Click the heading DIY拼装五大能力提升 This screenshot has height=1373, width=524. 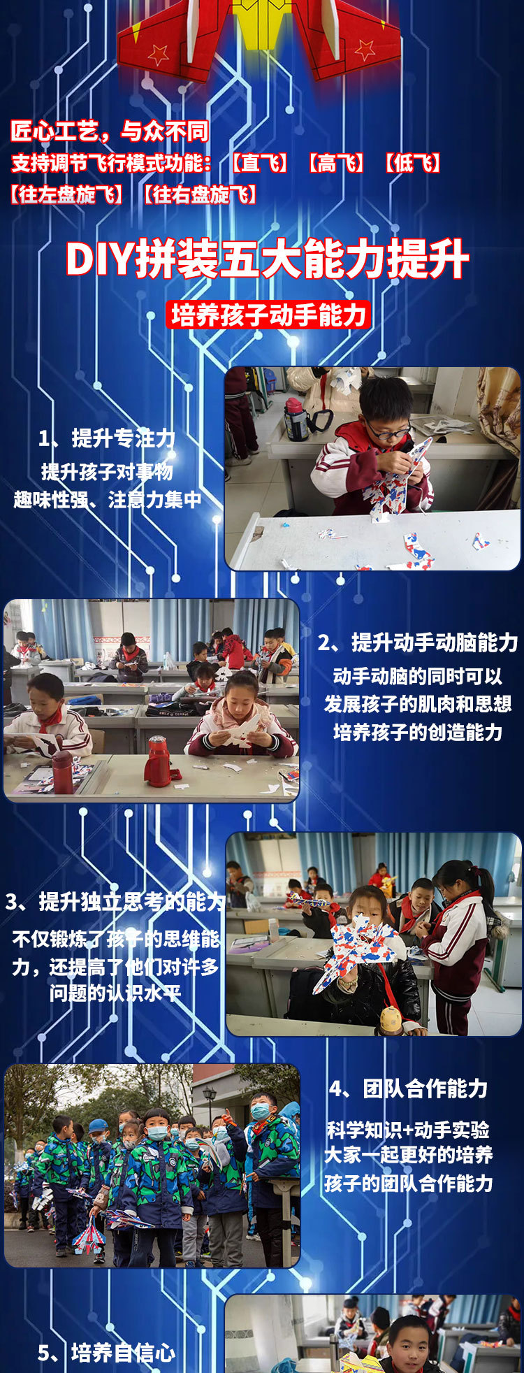point(267,259)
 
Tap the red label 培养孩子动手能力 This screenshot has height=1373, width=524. point(269,315)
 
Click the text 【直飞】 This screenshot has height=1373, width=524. point(259,164)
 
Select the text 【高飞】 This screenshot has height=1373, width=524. point(336,164)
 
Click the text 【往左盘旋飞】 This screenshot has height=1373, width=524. point(66,194)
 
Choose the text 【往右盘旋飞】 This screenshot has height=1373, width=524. point(200,194)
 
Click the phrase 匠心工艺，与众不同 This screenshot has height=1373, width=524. point(110,131)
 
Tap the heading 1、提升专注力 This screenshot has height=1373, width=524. point(106,438)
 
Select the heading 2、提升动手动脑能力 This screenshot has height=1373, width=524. point(417,642)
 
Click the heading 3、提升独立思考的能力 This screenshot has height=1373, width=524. point(115,902)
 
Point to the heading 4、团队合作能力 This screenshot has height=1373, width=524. point(408,1088)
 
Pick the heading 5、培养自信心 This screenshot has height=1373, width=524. point(106,1353)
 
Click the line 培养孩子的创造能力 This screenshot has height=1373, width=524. point(418,732)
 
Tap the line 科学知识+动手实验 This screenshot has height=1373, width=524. point(408,1130)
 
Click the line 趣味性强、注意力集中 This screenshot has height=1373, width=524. point(108,499)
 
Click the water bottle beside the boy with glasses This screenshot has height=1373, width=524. point(296,419)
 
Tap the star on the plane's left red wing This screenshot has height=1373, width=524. point(159,53)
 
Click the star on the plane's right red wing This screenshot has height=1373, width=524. point(365,49)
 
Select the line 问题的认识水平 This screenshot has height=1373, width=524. point(115,993)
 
